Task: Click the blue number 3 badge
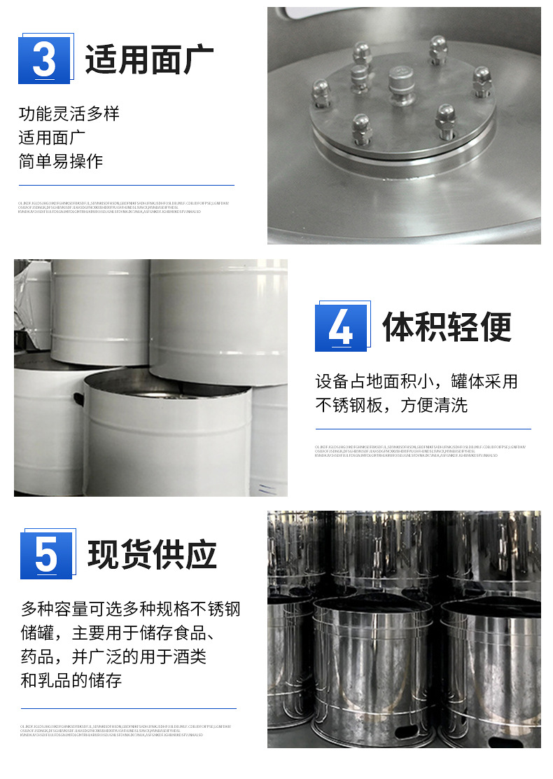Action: pyautogui.click(x=44, y=59)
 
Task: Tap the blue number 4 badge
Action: pyautogui.click(x=341, y=327)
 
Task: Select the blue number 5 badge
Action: pyautogui.click(x=46, y=555)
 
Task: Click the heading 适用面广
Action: pyautogui.click(x=149, y=60)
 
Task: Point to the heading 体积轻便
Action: pyautogui.click(x=447, y=326)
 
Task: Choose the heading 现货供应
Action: pyautogui.click(x=152, y=555)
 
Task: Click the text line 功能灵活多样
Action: pyautogui.click(x=69, y=113)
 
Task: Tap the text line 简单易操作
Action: pyautogui.click(x=60, y=161)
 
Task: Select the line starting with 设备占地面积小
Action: pyautogui.click(x=416, y=382)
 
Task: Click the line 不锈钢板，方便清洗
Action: pyautogui.click(x=391, y=405)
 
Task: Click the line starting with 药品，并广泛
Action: pyautogui.click(x=113, y=656)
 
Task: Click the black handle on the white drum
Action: pyautogui.click(x=78, y=399)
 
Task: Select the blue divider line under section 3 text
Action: pyautogui.click(x=126, y=186)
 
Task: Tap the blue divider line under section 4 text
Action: pyautogui.click(x=423, y=429)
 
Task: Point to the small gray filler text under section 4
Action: pyautogui.click(x=420, y=450)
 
